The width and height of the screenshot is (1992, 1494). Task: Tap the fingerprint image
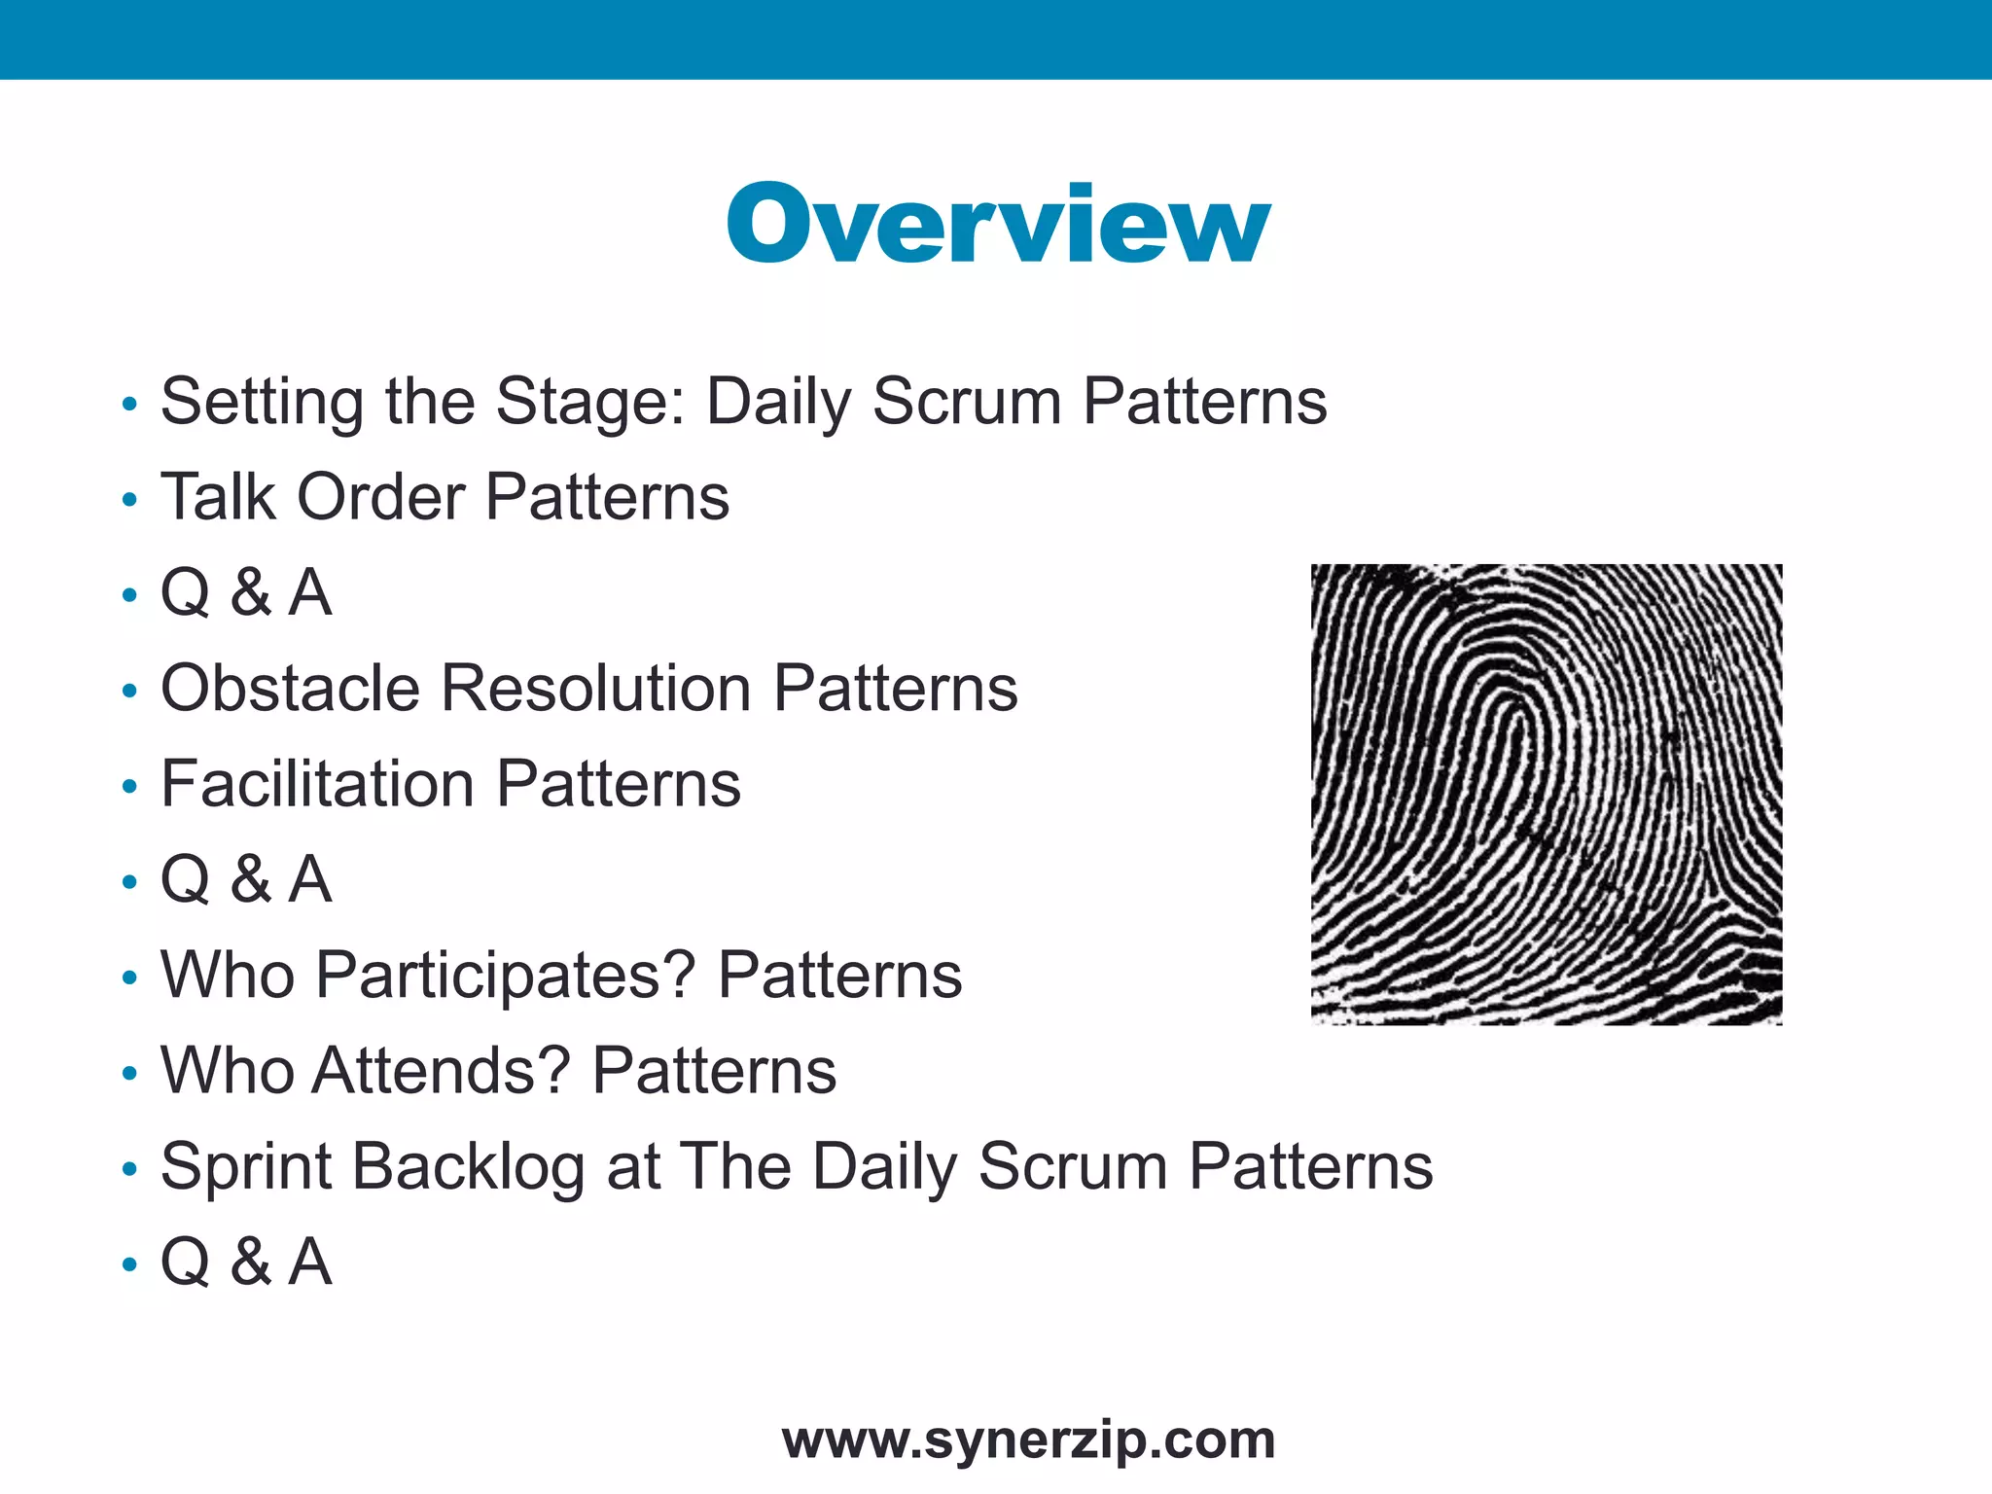tap(1547, 794)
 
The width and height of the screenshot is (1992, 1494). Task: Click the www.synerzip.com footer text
tap(1028, 1441)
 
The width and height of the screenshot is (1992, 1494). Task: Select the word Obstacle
tap(290, 689)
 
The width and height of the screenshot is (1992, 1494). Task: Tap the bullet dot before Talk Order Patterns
tap(130, 501)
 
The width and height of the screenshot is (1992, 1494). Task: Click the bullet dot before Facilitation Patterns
tap(130, 788)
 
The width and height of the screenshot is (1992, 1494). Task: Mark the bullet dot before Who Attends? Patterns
tap(130, 1075)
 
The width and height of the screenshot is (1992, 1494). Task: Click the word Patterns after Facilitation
tap(619, 784)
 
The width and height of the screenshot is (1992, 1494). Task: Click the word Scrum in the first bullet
tap(966, 403)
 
